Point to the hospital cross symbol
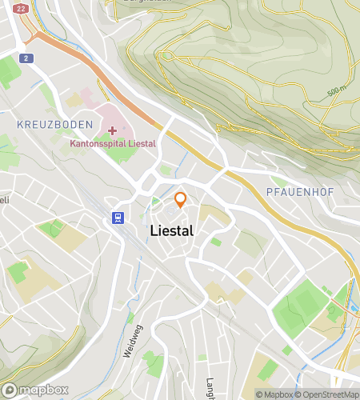pos(112,130)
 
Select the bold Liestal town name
pos(170,230)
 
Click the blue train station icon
pos(118,217)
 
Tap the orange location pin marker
pos(181,199)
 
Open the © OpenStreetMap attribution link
pos(328,394)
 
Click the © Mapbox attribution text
pos(274,394)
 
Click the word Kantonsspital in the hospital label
pos(94,144)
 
